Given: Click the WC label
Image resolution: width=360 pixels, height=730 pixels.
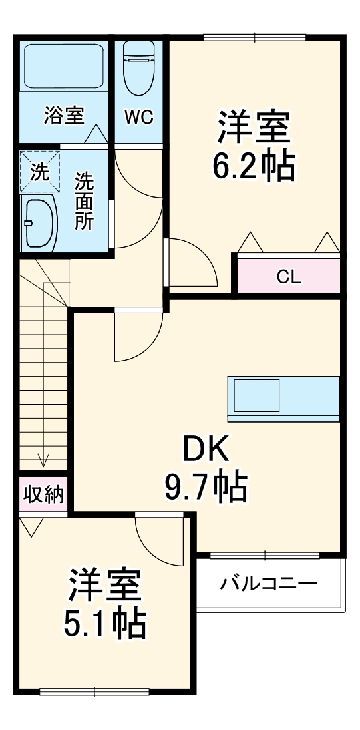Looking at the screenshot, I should tap(139, 117).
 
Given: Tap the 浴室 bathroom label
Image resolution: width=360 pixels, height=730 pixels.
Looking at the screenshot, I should tap(64, 116).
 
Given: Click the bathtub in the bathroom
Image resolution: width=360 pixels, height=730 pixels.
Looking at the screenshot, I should tap(64, 67).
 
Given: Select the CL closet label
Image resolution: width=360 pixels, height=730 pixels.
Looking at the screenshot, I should tap(289, 277).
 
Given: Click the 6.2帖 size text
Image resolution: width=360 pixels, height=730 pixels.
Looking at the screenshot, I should tap(253, 168).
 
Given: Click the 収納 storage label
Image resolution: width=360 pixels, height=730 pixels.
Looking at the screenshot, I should tap(43, 494).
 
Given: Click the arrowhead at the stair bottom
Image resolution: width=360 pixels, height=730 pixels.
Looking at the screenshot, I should tap(45, 459).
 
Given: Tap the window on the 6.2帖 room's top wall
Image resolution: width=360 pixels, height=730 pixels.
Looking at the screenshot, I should tap(254, 37).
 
